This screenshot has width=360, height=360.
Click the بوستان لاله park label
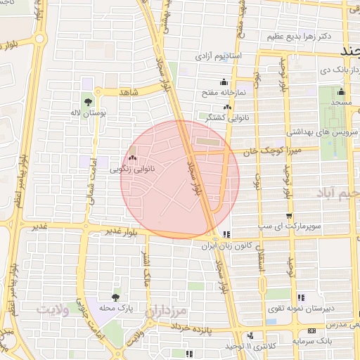coord(89,113)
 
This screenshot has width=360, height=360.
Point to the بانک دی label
coord(326,70)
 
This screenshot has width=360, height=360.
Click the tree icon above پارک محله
coord(115,297)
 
